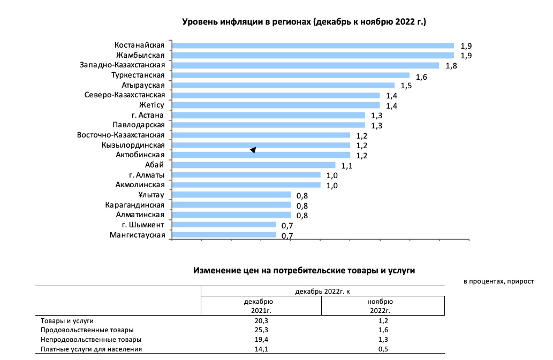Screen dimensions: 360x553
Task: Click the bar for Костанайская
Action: (x=313, y=45)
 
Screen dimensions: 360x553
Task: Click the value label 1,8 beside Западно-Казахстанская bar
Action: (x=451, y=66)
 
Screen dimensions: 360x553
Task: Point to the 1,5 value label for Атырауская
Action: (x=406, y=86)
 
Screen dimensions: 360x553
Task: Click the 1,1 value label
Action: (x=346, y=166)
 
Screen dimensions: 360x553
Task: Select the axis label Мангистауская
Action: (x=137, y=235)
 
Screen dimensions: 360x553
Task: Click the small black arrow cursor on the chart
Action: (x=253, y=150)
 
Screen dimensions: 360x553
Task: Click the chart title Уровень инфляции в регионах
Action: (x=304, y=22)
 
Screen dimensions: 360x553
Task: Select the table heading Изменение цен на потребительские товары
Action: (x=304, y=271)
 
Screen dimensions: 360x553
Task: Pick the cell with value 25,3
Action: (x=261, y=330)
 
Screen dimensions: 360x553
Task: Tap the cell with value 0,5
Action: (x=382, y=349)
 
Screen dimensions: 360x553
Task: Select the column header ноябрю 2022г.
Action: (x=382, y=305)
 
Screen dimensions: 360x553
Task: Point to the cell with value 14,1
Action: (x=261, y=349)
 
